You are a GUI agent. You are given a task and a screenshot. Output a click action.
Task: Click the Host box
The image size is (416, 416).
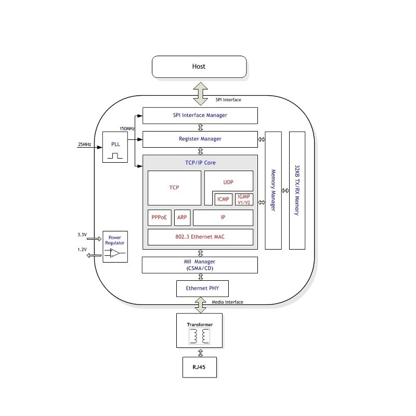[199, 67]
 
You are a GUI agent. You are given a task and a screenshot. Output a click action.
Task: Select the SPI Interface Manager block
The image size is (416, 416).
[200, 115]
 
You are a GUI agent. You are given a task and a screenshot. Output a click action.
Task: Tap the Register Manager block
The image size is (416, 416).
[200, 139]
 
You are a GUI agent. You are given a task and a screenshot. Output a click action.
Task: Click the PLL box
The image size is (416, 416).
[115, 147]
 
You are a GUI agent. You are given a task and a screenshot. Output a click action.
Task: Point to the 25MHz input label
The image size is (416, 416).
[84, 145]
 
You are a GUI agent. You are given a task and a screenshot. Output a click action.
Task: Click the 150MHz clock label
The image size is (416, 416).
[127, 128]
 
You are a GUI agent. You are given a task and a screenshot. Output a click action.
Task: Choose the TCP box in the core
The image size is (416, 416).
[174, 188]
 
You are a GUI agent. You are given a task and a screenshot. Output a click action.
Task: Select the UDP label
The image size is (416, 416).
[228, 183]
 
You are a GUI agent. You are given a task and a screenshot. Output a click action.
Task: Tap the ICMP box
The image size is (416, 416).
[223, 199]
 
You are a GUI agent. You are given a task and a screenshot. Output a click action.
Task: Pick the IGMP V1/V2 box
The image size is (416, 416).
[244, 199]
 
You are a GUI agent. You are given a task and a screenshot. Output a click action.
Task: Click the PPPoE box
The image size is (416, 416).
[160, 217]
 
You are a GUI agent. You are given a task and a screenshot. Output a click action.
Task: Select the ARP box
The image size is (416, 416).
[183, 217]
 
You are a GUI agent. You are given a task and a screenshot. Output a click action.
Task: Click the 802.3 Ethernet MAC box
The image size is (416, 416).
[200, 237]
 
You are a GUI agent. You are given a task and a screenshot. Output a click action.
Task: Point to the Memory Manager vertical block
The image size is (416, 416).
[274, 190]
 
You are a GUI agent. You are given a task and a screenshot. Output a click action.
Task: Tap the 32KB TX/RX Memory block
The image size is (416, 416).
[297, 190]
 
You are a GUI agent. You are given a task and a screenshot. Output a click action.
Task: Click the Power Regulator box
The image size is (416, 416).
[115, 246]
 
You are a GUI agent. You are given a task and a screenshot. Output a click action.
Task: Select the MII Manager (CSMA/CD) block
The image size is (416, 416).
[200, 265]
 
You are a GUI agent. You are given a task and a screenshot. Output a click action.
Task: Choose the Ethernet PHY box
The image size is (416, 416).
[202, 289]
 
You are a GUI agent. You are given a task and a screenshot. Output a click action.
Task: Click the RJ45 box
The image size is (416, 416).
[200, 367]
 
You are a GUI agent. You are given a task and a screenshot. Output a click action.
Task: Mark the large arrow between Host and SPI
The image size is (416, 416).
[201, 94]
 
